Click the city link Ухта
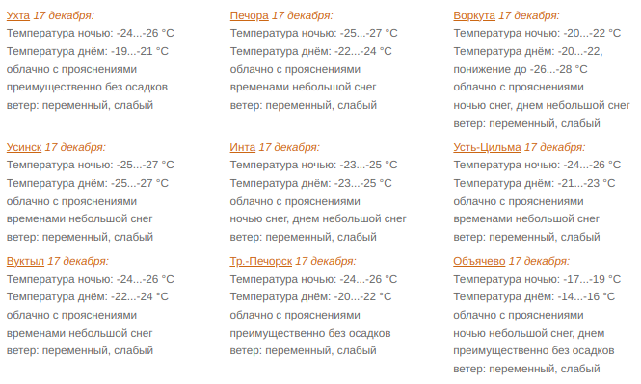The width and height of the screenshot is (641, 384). pyautogui.click(x=17, y=16)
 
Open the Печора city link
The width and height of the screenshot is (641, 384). pyautogui.click(x=249, y=16)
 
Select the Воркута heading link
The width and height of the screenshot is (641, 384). pyautogui.click(x=474, y=16)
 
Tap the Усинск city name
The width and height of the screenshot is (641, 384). pyautogui.click(x=24, y=147)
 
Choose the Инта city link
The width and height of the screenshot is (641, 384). pyautogui.click(x=242, y=147)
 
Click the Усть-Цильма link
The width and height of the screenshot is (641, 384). pyautogui.click(x=487, y=147)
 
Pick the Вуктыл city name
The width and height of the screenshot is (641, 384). pyautogui.click(x=25, y=261)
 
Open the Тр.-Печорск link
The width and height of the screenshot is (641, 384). pyautogui.click(x=260, y=261)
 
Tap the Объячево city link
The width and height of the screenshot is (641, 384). pyautogui.click(x=479, y=261)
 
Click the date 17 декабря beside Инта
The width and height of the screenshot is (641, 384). pyautogui.click(x=289, y=147)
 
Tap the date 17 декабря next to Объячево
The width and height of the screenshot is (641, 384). pyautogui.click(x=539, y=261)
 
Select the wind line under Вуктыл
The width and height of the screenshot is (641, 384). pyautogui.click(x=79, y=350)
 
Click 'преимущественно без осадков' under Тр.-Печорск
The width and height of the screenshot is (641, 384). pyautogui.click(x=309, y=332)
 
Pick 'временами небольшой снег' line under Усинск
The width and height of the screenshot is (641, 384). pyautogui.click(x=79, y=218)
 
